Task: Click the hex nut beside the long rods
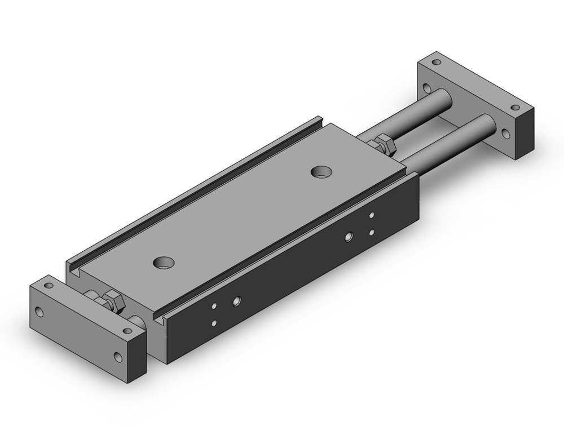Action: (385, 144)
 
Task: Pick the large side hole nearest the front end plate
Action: (236, 301)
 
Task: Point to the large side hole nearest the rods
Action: (350, 237)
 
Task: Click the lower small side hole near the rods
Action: (372, 232)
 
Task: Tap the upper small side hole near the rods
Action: (372, 215)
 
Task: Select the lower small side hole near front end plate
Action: (214, 323)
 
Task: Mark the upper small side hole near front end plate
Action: (214, 305)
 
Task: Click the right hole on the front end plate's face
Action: (118, 356)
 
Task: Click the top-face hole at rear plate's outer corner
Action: (514, 107)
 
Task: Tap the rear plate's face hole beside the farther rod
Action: (427, 88)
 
